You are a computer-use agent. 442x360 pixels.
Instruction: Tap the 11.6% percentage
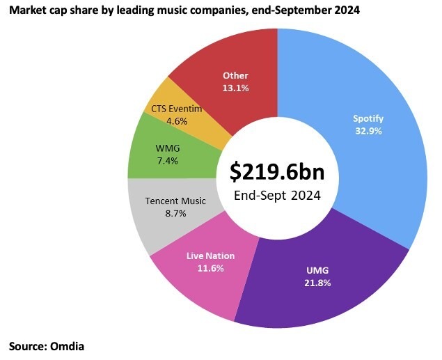tap(210, 268)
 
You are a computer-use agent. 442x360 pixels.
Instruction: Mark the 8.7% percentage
tap(175, 214)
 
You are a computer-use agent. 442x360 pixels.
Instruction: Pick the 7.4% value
tap(168, 161)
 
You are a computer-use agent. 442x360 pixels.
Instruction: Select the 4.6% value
tap(176, 120)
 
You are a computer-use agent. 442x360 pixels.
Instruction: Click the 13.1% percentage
tap(235, 88)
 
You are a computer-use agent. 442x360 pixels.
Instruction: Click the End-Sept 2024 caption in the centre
tap(276, 196)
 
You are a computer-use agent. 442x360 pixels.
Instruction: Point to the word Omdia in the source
tap(72, 345)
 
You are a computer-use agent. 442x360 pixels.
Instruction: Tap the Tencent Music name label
tap(175, 201)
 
